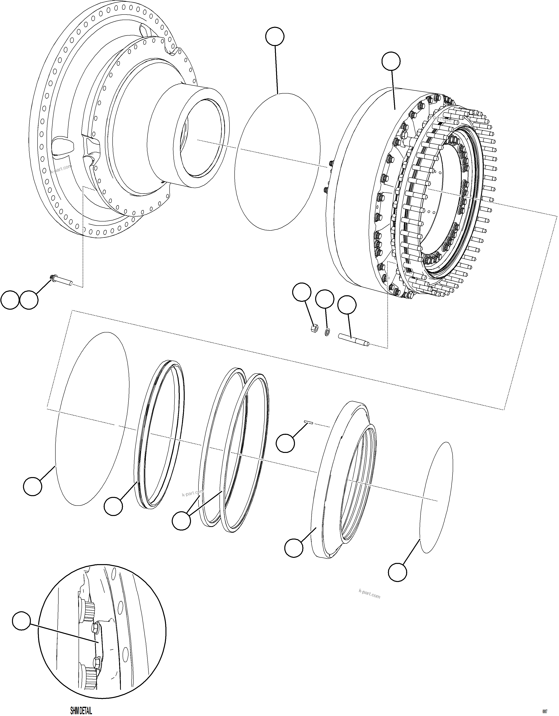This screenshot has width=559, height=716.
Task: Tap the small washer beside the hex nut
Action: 327,333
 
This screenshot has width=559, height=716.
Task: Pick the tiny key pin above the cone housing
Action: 308,423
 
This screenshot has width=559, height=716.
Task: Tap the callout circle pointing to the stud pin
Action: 347,305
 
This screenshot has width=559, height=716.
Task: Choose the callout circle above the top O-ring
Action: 275,36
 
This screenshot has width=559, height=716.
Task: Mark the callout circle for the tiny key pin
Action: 285,443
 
